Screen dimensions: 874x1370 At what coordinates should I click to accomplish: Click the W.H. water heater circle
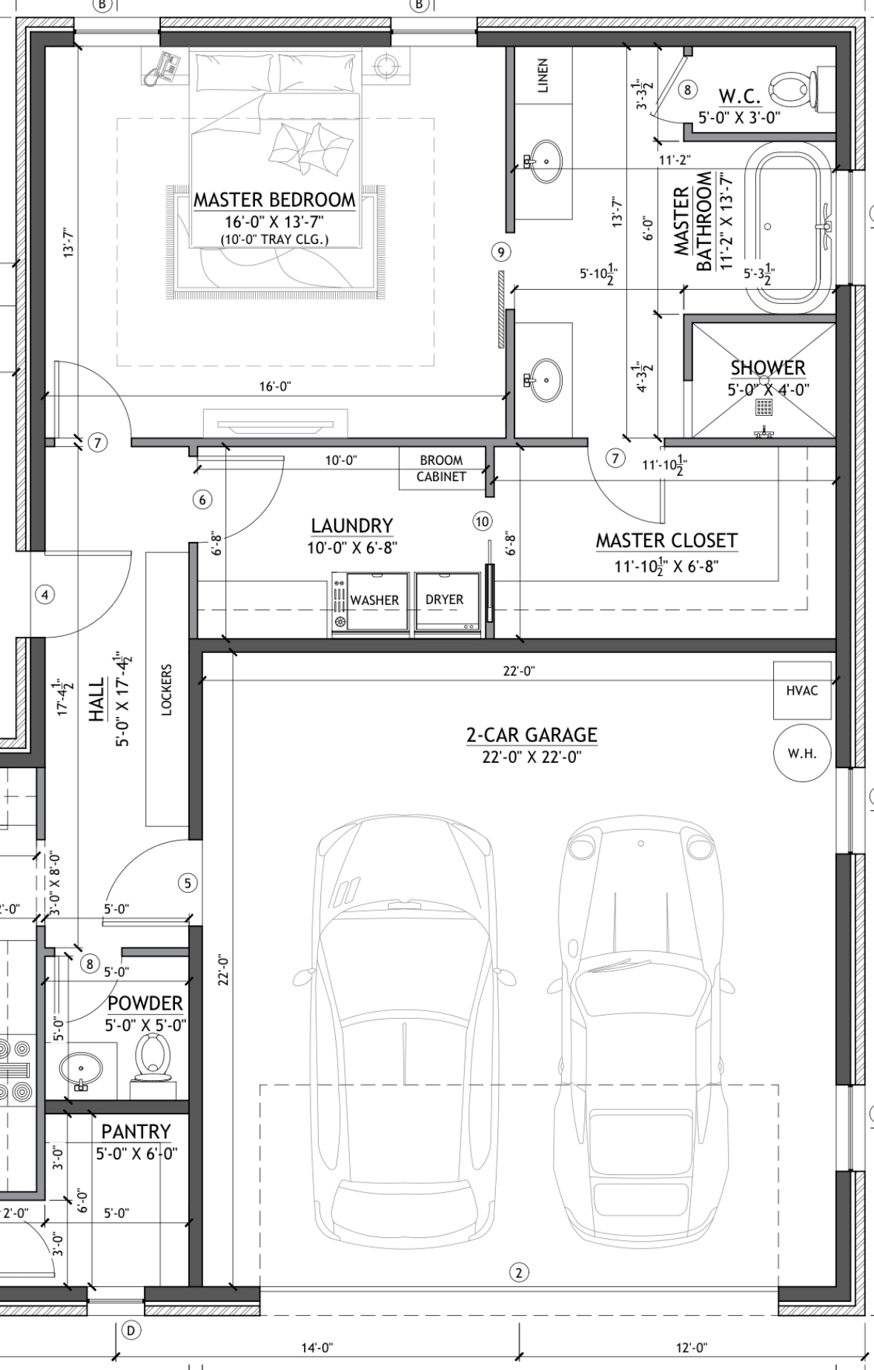(802, 753)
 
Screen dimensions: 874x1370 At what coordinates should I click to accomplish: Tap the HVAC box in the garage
(802, 690)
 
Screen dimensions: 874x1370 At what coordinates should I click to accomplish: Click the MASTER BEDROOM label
(274, 199)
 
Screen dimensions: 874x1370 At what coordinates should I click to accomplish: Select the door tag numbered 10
(483, 521)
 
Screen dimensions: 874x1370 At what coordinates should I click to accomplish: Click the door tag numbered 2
(519, 1273)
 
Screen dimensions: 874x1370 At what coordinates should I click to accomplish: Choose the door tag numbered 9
(501, 253)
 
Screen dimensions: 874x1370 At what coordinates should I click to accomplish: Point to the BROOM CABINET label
(441, 469)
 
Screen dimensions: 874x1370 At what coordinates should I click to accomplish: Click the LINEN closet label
(543, 76)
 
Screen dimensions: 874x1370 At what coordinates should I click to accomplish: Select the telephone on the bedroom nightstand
(161, 67)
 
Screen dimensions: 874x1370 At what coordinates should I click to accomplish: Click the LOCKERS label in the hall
(166, 689)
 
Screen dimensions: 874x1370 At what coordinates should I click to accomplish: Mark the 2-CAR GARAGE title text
(532, 735)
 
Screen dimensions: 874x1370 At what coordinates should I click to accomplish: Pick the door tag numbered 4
(45, 595)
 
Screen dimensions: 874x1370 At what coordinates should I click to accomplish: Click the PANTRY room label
(136, 1131)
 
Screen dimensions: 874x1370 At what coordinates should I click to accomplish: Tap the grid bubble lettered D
(130, 1331)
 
